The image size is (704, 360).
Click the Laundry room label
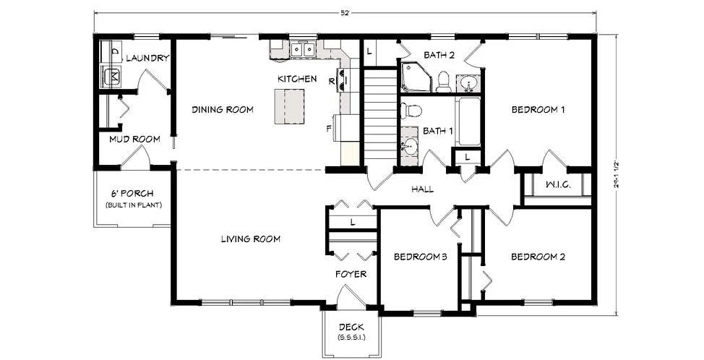pyautogui.click(x=147, y=58)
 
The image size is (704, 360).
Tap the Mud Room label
pyautogui.click(x=134, y=140)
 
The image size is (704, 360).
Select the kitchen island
pyautogui.click(x=289, y=106)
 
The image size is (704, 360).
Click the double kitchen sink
pyautogui.click(x=304, y=49)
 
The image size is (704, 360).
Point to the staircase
pyautogui.click(x=380, y=116)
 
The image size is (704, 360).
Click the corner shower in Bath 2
pyautogui.click(x=416, y=77)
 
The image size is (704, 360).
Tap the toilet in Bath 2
pyautogui.click(x=444, y=81)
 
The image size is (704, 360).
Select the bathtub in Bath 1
pyautogui.click(x=469, y=121)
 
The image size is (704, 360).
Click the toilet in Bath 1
pyautogui.click(x=411, y=110)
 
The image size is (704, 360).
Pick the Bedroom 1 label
pyautogui.click(x=538, y=110)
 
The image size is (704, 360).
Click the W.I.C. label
pyautogui.click(x=558, y=184)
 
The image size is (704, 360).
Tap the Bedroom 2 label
pyautogui.click(x=538, y=257)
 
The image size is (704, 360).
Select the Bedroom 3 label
pyautogui.click(x=420, y=257)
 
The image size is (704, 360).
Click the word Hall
pyautogui.click(x=423, y=189)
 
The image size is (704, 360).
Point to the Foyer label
pyautogui.click(x=351, y=274)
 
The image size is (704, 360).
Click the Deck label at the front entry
pyautogui.click(x=351, y=327)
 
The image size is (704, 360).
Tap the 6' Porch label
pyautogui.click(x=132, y=194)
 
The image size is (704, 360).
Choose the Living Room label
pyautogui.click(x=251, y=239)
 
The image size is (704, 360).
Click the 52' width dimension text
pyautogui.click(x=345, y=13)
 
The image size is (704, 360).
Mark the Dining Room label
pyautogui.click(x=223, y=110)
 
